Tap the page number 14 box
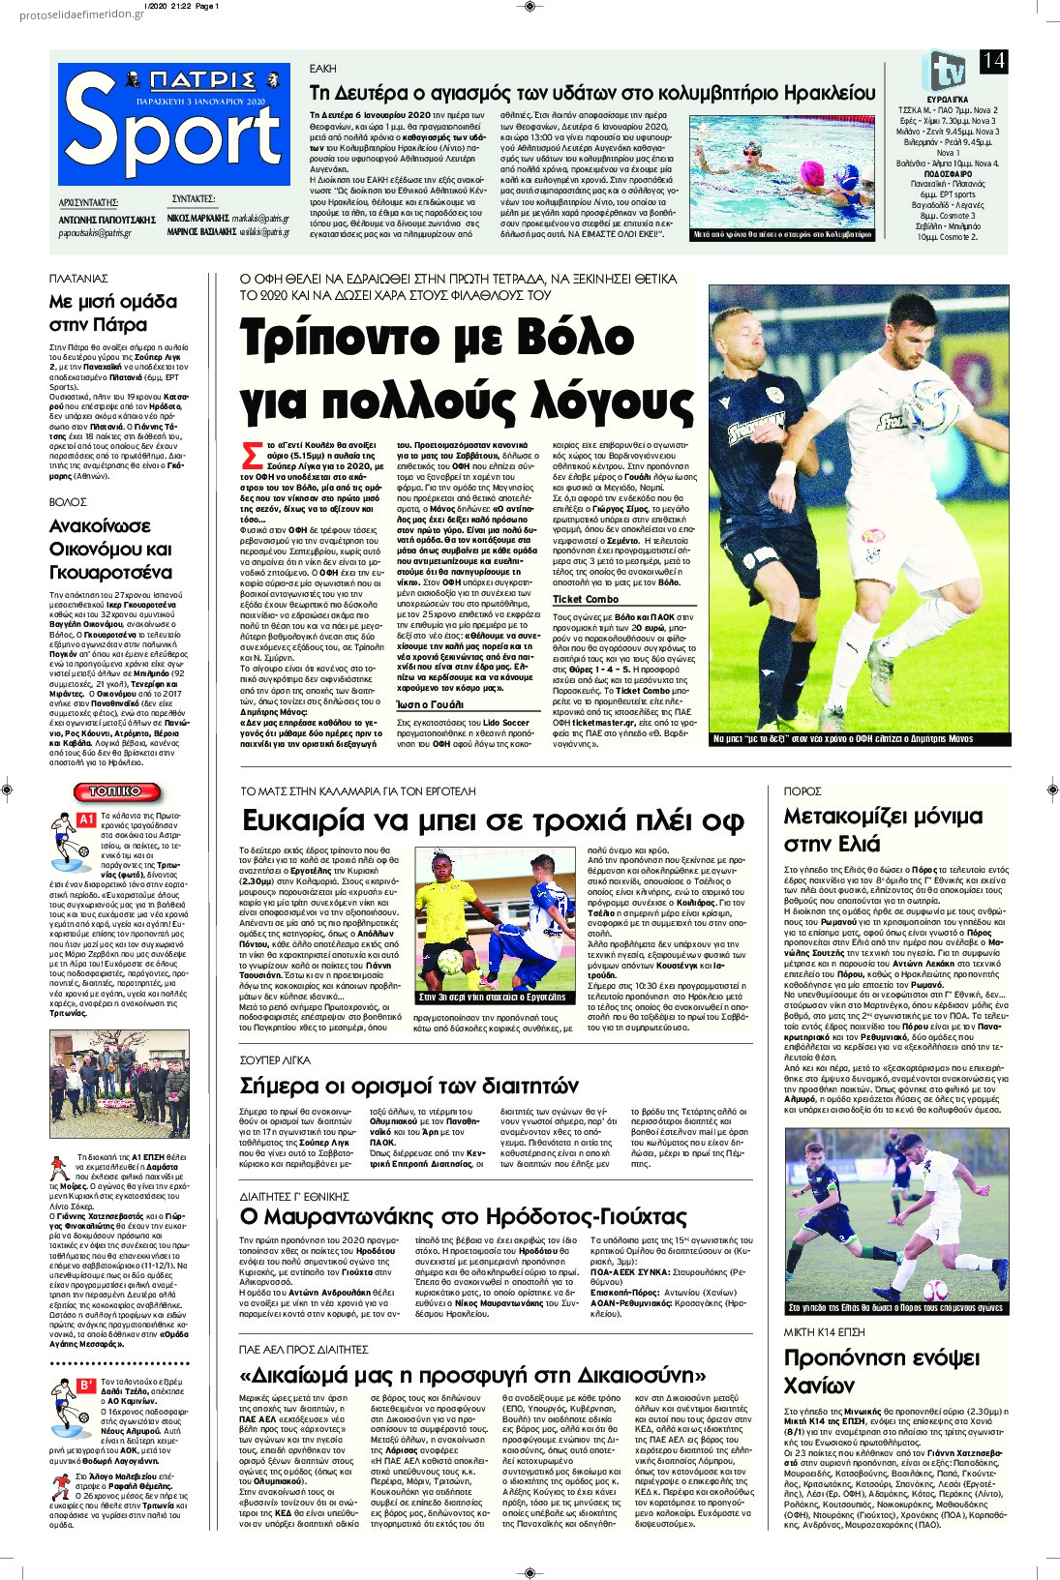[993, 61]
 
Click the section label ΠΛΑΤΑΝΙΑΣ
[79, 278]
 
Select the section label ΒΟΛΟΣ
[68, 501]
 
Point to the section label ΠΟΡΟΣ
[803, 790]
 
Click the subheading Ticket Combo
[585, 600]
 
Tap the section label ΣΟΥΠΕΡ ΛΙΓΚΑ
[275, 1059]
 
